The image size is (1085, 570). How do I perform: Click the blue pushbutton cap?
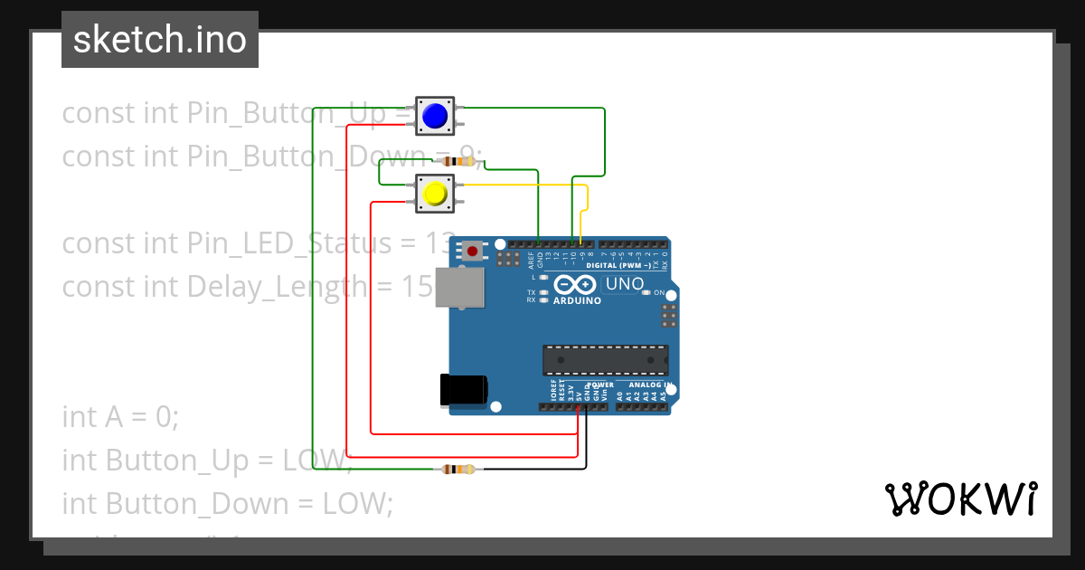click(435, 116)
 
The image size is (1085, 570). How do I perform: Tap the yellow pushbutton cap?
click(435, 194)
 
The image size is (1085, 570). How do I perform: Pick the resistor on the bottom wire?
click(458, 469)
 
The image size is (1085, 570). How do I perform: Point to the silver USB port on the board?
click(459, 288)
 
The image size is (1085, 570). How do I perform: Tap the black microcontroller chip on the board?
click(605, 359)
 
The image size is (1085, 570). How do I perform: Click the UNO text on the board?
click(624, 284)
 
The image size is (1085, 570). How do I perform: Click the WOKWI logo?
click(959, 499)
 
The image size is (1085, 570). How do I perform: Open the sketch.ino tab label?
click(160, 40)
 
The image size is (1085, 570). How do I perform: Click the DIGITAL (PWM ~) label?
click(619, 266)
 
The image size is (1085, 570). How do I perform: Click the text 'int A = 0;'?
click(121, 417)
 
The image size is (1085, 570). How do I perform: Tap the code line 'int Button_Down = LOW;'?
click(227, 503)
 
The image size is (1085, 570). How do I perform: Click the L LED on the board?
click(543, 278)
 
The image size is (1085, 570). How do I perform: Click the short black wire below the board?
click(586, 443)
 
